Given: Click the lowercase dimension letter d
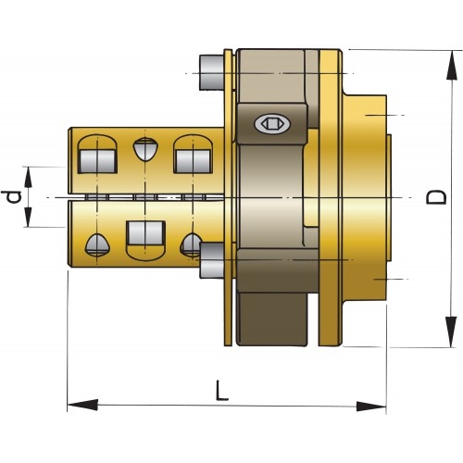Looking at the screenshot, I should tap(12, 196).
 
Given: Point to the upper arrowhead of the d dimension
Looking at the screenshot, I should tap(31, 177).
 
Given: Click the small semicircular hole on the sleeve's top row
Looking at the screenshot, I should tap(144, 149).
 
